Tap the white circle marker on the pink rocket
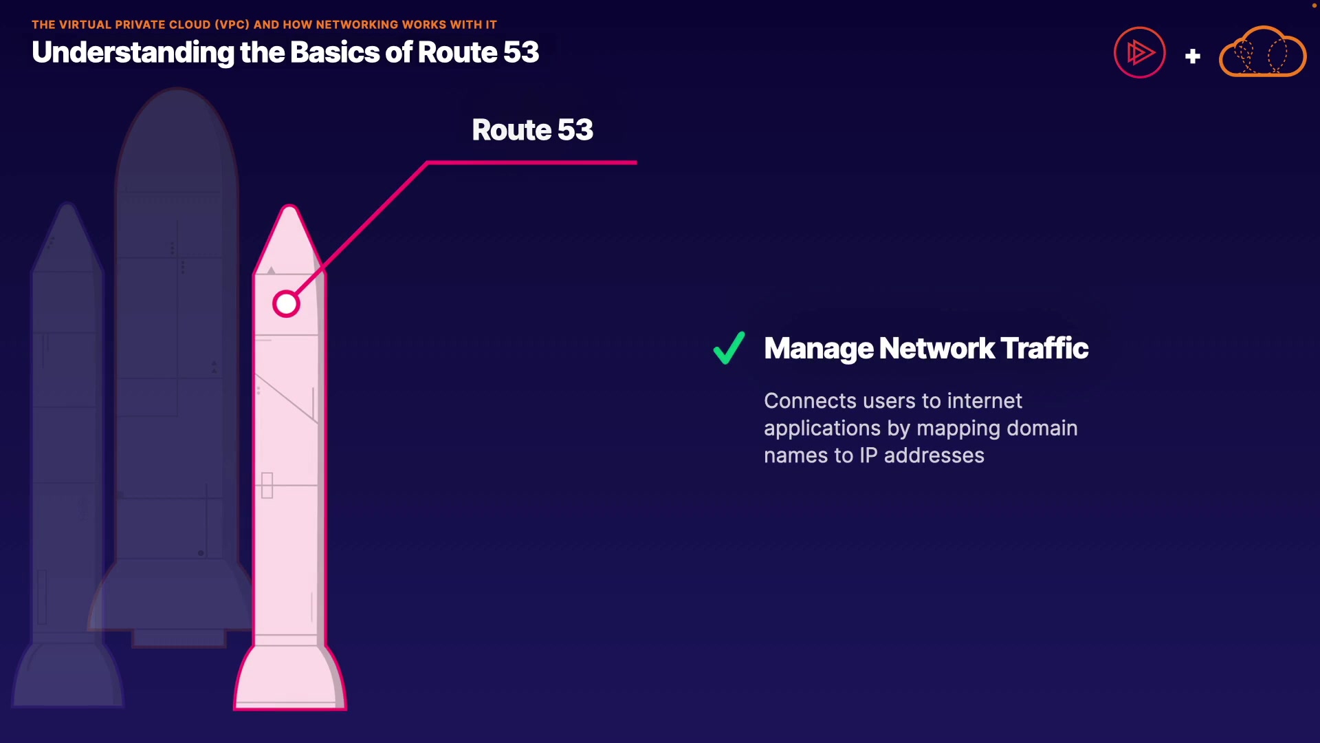[x=286, y=304]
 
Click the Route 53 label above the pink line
[x=532, y=130]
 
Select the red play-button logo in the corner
[x=1139, y=52]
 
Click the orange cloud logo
[x=1262, y=52]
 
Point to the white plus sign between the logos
[x=1193, y=56]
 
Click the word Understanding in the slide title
[x=133, y=53]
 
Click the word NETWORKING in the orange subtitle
[x=357, y=25]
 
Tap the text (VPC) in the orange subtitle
[x=232, y=25]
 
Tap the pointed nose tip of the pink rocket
[x=289, y=210]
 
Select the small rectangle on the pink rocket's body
[x=267, y=485]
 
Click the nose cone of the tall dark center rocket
[x=177, y=124]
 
